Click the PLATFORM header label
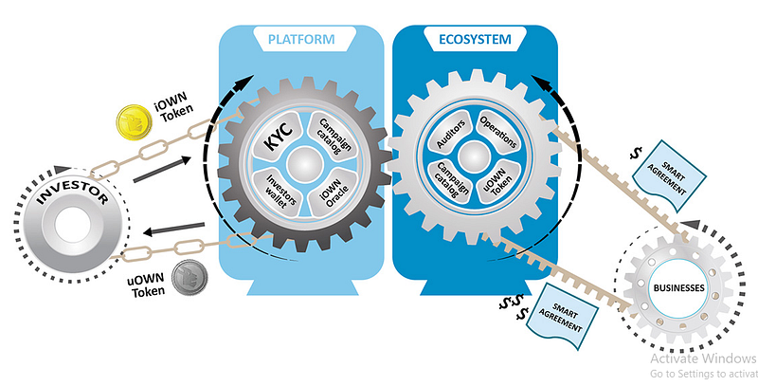tap(301, 39)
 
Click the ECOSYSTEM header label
tap(474, 39)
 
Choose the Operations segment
tap(497, 139)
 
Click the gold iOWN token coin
tap(129, 122)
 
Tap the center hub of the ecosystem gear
tap(474, 160)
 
